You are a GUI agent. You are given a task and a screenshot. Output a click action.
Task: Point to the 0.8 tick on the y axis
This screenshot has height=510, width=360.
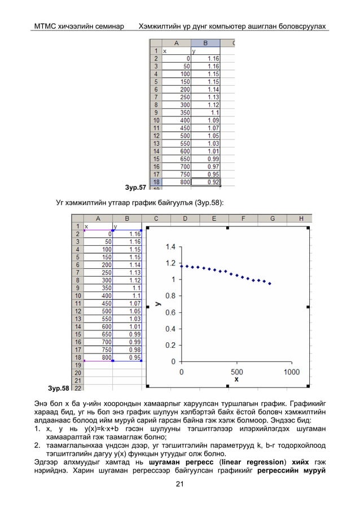[169, 295]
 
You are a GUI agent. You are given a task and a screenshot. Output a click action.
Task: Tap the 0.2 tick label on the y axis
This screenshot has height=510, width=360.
[169, 345]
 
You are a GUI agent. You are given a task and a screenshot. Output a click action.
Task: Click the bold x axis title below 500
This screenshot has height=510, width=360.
[236, 380]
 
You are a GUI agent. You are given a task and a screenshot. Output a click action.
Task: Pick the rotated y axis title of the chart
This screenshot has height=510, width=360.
[159, 304]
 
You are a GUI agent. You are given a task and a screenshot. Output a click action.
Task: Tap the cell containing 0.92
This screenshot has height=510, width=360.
[213, 182]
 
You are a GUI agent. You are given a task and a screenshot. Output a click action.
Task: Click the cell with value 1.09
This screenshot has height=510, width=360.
[213, 120]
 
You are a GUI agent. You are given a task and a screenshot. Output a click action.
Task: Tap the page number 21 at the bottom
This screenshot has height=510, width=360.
[180, 483]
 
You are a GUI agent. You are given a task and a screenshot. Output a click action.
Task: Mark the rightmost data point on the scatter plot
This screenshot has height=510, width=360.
[270, 284]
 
